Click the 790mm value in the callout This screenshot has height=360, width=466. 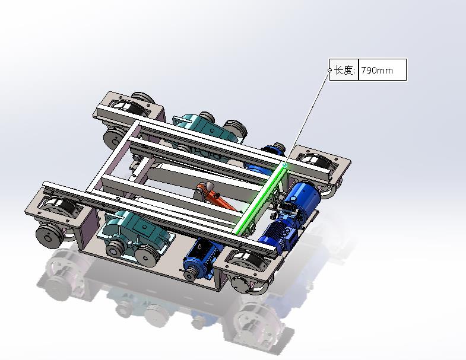point(377,71)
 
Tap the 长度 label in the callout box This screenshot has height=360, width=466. point(344,70)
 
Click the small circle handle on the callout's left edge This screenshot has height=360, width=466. point(329,70)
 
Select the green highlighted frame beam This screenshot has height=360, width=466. point(261,199)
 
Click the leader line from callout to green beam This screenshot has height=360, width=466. point(308,117)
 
